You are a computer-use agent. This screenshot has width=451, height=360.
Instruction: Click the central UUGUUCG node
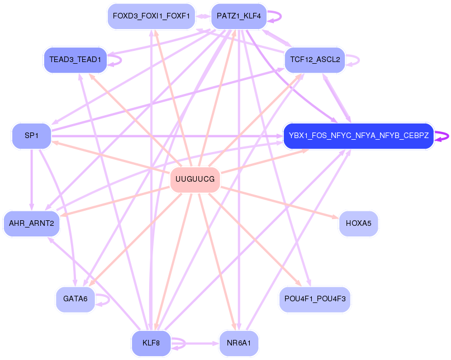(194, 179)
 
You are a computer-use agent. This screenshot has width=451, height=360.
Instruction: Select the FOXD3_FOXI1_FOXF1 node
(151, 16)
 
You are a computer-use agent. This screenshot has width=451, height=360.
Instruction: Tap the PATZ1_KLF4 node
(239, 16)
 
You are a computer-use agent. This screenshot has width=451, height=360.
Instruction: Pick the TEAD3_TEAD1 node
(75, 59)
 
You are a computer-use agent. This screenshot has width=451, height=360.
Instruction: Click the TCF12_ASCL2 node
(315, 59)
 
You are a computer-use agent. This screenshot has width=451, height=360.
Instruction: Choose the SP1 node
(31, 136)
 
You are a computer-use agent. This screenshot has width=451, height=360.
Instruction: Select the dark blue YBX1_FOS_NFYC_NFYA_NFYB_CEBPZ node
(358, 136)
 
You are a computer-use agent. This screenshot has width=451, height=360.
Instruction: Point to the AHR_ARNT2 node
(31, 224)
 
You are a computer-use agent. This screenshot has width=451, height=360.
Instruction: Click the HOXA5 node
(358, 224)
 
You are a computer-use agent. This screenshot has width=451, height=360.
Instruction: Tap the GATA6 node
(75, 299)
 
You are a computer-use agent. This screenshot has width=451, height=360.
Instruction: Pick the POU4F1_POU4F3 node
(315, 299)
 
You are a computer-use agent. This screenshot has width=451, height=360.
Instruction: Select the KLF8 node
(151, 343)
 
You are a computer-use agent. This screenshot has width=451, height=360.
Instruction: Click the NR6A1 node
(239, 343)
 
